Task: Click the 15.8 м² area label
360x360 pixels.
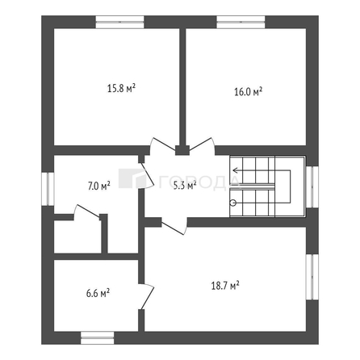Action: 121,88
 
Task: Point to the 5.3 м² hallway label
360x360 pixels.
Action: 185,185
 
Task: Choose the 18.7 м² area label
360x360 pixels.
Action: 224,286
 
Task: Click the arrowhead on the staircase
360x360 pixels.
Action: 235,170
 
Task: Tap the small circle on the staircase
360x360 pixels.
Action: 233,204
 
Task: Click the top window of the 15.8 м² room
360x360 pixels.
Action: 120,22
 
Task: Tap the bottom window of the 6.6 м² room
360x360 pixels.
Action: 98,336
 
